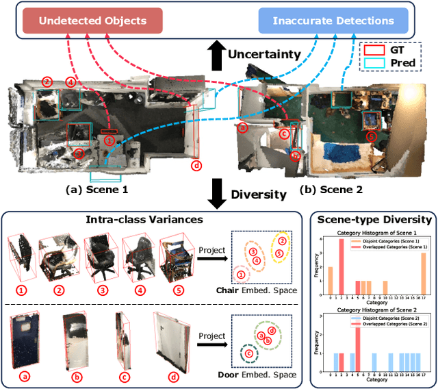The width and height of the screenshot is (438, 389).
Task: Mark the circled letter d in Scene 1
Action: coord(196,164)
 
